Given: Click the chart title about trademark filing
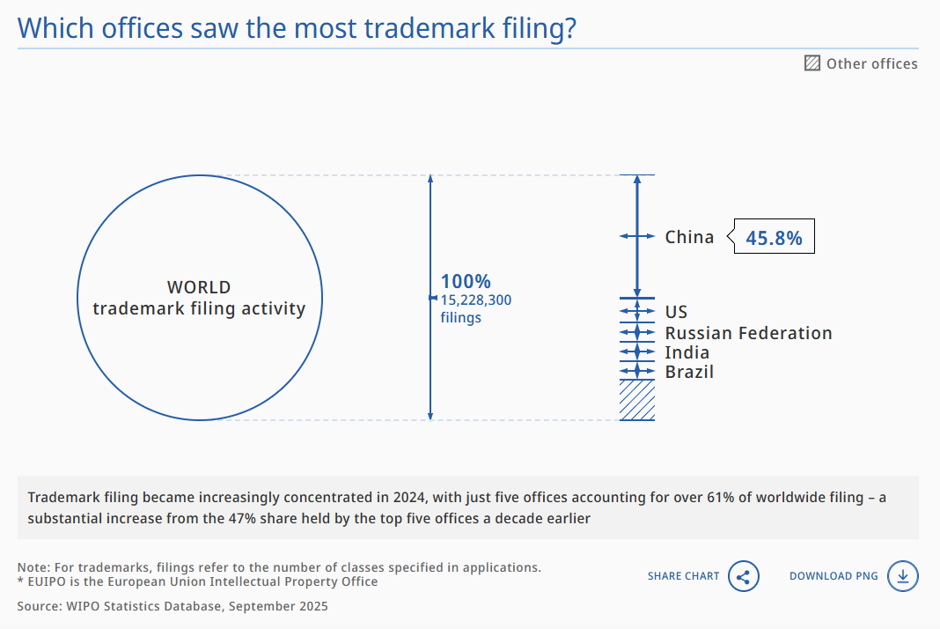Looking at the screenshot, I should [x=297, y=27].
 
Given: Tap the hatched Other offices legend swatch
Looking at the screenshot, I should [x=812, y=63].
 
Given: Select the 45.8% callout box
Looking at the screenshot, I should [x=774, y=237].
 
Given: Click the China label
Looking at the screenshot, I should [x=689, y=237].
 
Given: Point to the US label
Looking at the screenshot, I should [x=676, y=312].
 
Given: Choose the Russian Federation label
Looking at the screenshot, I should [x=748, y=333].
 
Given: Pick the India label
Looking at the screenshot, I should [x=687, y=352].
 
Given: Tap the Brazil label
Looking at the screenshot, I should [x=689, y=372].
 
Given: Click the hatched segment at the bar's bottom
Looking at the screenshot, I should [x=637, y=400].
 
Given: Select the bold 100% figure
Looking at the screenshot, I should [x=466, y=282].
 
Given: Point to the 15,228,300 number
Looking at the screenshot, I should [x=476, y=300].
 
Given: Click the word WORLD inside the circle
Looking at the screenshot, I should [x=199, y=287].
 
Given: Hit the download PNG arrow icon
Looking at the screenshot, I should [x=903, y=576].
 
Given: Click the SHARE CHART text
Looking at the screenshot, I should [x=683, y=576].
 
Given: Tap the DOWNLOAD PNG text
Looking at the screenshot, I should [x=834, y=576].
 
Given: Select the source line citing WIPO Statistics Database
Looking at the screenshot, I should [x=173, y=606].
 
